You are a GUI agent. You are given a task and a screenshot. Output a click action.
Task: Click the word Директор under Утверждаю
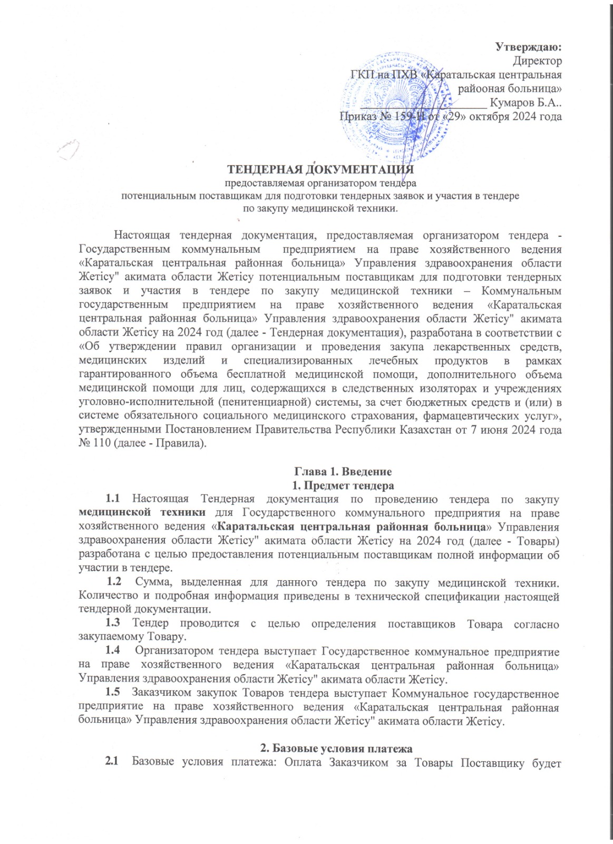(537, 61)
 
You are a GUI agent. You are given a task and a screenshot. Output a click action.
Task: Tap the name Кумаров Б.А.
(524, 103)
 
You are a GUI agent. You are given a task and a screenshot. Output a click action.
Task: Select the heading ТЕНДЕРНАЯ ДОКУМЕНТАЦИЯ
(320, 169)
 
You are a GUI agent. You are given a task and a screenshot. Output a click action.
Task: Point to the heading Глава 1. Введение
(343, 471)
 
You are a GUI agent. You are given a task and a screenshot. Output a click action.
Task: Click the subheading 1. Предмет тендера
(343, 485)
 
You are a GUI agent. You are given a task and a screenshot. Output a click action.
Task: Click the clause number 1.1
(112, 498)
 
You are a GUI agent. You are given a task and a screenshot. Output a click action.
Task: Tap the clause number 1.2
(114, 582)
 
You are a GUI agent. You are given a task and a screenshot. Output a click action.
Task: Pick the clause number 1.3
(112, 623)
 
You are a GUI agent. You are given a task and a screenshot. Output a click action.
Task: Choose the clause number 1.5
(112, 692)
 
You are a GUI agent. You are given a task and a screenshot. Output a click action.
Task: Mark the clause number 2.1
(111, 761)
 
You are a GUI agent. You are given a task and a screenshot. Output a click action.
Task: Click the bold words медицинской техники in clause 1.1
(142, 512)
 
